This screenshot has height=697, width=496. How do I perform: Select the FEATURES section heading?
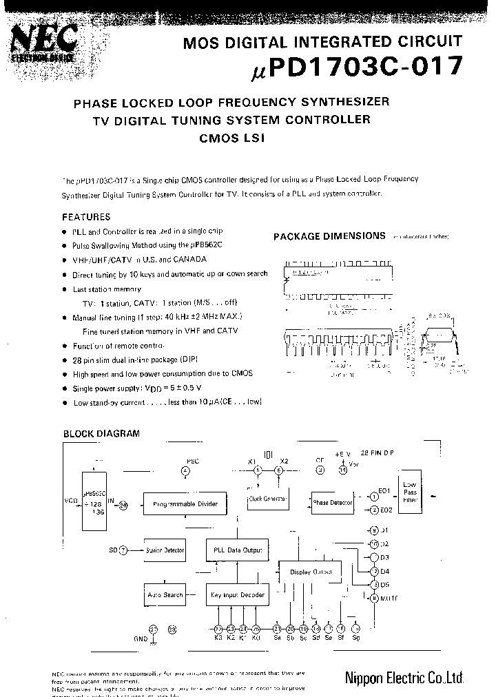[86, 217]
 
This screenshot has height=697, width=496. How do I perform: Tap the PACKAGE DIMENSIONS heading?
[329, 236]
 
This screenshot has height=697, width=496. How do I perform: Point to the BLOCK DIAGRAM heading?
[101, 434]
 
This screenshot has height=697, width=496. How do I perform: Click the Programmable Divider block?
[184, 504]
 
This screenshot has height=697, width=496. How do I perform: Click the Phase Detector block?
[332, 503]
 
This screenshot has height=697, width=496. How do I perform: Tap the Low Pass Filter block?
[411, 493]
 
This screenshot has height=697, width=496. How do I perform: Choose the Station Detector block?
[165, 550]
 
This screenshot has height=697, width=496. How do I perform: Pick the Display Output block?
[311, 572]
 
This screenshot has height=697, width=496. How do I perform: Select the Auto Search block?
[165, 594]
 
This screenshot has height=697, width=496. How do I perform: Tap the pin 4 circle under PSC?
[185, 470]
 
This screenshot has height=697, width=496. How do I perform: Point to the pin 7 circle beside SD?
[123, 550]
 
